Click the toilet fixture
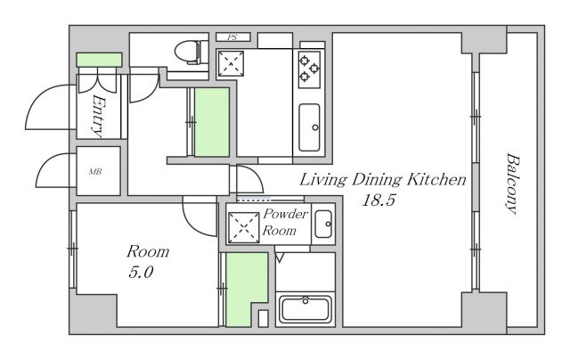click(x=191, y=53)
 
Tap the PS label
click(x=232, y=37)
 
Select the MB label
click(x=95, y=171)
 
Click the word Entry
click(x=97, y=117)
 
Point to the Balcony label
click(x=513, y=184)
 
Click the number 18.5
click(x=378, y=200)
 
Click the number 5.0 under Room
click(x=141, y=272)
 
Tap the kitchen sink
click(x=309, y=127)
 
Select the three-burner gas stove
click(x=309, y=70)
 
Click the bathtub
click(x=305, y=310)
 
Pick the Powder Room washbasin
click(x=323, y=224)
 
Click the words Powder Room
click(x=285, y=222)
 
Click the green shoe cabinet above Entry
click(x=99, y=60)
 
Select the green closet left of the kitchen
click(x=212, y=122)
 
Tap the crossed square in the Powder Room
click(x=243, y=227)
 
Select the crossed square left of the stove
click(x=231, y=63)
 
